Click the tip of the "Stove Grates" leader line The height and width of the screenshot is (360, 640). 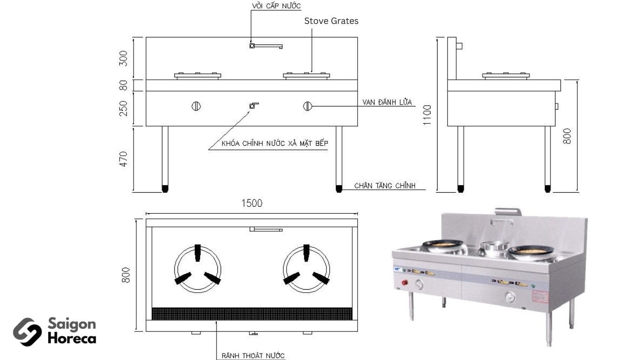[312, 72]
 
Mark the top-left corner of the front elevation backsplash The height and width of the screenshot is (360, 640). [146, 37]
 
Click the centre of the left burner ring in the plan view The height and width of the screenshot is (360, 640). [197, 270]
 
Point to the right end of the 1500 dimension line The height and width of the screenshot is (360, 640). [357, 213]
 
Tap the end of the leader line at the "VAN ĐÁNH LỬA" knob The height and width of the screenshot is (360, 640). [312, 106]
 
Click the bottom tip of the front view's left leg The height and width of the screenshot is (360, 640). [165, 192]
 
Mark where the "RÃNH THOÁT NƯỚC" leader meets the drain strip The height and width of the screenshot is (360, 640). [216, 321]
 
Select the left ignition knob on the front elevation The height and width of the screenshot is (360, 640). [196, 106]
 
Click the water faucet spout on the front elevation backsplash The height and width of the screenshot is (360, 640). [266, 46]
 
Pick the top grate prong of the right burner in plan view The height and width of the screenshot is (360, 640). [306, 253]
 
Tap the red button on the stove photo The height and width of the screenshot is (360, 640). [404, 283]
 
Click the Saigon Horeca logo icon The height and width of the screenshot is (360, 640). [28, 332]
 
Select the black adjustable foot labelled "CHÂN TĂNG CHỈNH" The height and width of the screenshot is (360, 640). [339, 189]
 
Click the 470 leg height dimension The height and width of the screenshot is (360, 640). [123, 159]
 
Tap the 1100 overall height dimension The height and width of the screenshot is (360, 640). [427, 115]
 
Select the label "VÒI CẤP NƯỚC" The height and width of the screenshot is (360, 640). [276, 6]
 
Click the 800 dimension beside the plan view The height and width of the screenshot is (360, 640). [126, 275]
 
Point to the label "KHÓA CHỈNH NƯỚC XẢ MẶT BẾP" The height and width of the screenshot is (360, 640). [275, 143]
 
